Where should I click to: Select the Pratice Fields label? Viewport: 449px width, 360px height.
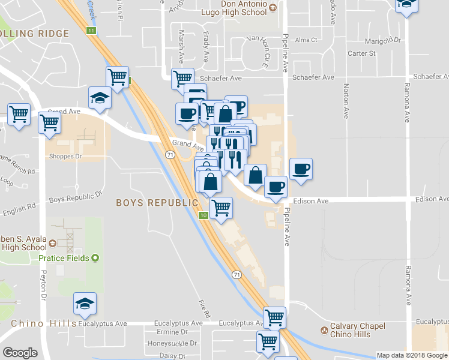64,258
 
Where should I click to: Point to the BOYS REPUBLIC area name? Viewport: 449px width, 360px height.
157,203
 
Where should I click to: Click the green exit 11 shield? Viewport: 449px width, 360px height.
91,31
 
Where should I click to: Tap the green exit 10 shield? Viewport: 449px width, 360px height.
204,215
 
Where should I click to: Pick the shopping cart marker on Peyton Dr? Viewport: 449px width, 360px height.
49,122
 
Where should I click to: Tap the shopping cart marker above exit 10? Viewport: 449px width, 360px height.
221,208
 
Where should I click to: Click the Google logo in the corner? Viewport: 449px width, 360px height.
20,353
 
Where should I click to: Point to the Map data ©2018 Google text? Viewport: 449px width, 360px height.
412,355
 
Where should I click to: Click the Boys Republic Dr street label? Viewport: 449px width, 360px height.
75,198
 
